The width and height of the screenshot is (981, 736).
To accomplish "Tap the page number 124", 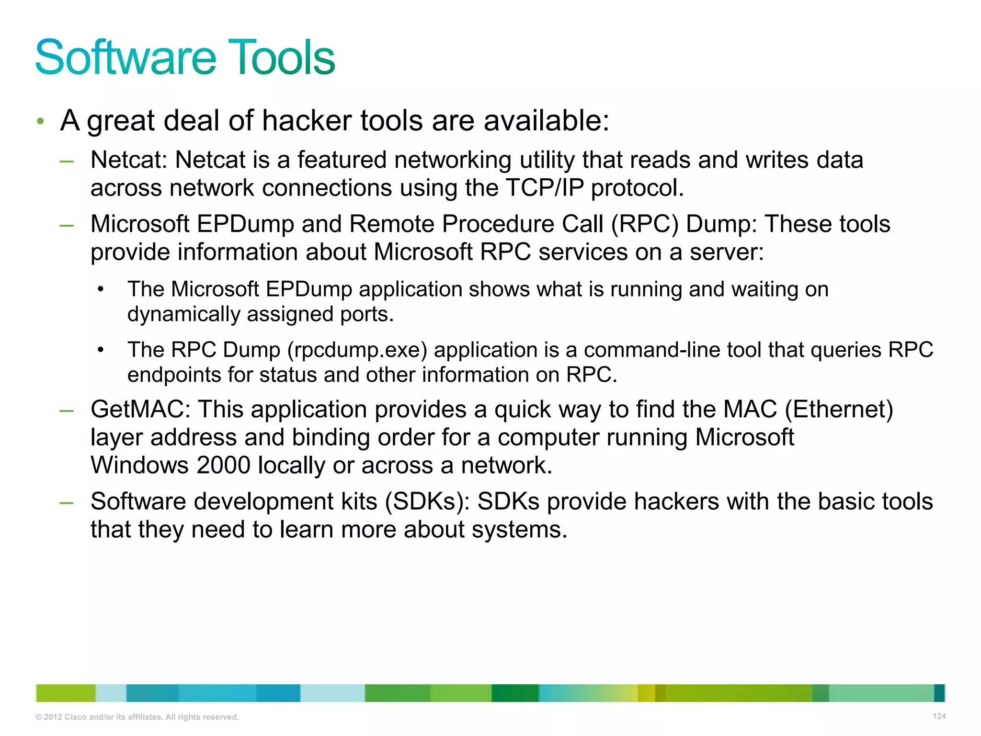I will [x=939, y=716].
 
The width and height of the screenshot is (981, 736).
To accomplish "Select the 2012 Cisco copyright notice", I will [x=137, y=717].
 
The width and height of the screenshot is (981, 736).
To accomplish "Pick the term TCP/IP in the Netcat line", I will [x=545, y=187].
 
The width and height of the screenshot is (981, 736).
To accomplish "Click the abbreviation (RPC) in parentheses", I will [x=644, y=224].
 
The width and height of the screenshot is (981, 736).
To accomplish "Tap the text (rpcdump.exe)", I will [x=357, y=350].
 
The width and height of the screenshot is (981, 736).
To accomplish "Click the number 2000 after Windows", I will [x=223, y=465].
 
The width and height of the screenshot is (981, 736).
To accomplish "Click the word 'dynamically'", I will [x=183, y=315].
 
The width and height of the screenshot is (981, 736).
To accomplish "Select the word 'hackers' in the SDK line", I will [x=676, y=501].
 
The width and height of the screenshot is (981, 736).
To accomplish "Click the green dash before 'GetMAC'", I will [x=67, y=411].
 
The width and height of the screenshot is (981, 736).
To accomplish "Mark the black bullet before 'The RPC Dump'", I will [x=100, y=350].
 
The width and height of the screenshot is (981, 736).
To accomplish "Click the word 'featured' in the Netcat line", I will [x=342, y=160].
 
